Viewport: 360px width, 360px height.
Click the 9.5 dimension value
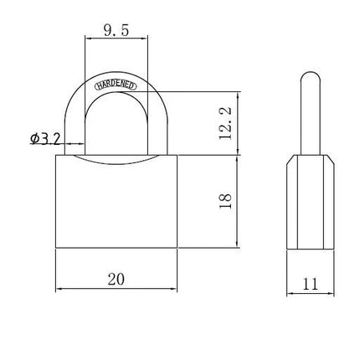[x=116, y=30]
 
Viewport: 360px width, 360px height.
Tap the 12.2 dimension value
[x=225, y=123]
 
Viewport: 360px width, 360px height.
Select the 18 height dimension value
[x=225, y=201]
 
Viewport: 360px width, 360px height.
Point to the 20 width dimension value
[x=116, y=279]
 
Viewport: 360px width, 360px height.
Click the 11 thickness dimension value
[x=310, y=284]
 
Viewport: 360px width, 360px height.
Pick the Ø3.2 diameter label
[x=45, y=138]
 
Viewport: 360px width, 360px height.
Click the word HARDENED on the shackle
[x=116, y=85]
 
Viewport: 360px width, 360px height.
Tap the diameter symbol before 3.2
[x=35, y=138]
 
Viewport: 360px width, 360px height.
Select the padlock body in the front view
[x=116, y=202]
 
